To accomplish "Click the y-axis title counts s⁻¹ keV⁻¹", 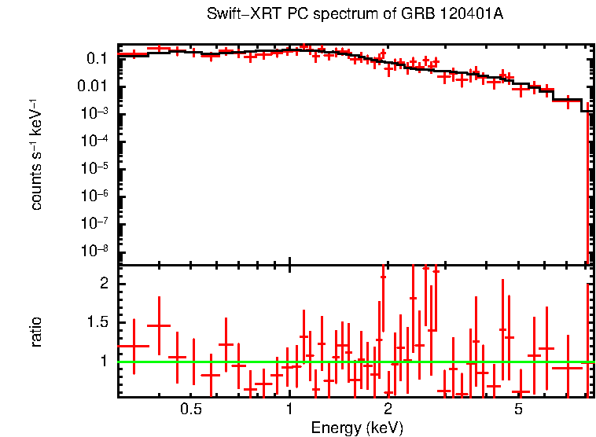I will pos(36,155).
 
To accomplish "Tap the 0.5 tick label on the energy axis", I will pos(191,410).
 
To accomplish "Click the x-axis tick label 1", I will pos(289,410).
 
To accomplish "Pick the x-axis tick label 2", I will pos(388,410).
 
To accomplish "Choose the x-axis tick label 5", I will pos(518,410).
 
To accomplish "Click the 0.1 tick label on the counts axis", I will pos(97,58).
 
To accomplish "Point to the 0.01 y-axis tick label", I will pos(92,86).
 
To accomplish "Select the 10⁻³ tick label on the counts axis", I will pos(94,113).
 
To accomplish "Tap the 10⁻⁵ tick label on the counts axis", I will pos(94,168).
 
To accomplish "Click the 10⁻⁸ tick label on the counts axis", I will pos(94,251).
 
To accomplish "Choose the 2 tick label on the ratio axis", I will pos(105,283).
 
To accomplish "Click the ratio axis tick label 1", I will pos(105,362).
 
